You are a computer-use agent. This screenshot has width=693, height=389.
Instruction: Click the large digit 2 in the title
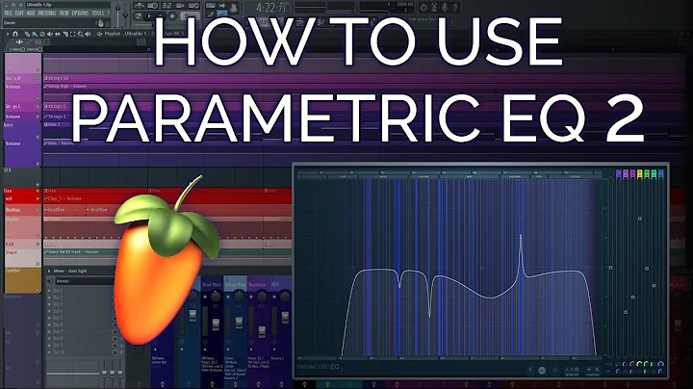[617, 120]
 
